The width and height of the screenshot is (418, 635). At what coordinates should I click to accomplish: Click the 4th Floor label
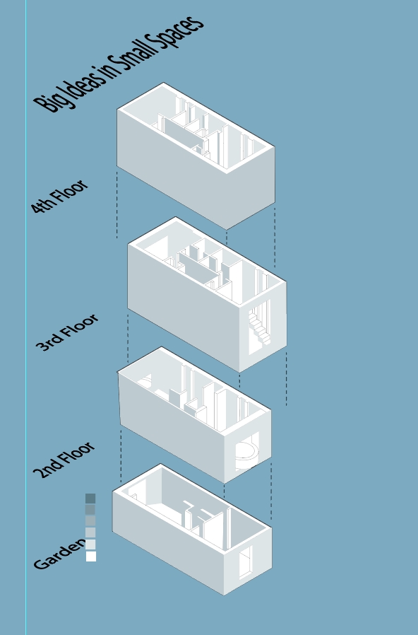(59, 197)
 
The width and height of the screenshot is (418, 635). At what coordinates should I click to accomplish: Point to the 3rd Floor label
(66, 332)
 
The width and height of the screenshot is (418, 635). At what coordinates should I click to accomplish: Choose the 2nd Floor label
(64, 460)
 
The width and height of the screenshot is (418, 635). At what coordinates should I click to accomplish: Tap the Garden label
(59, 556)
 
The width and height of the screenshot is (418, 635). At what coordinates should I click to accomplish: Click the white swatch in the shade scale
(91, 557)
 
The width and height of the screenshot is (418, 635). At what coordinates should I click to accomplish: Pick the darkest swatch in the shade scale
(90, 499)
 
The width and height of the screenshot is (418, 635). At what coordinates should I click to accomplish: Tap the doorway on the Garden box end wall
(246, 562)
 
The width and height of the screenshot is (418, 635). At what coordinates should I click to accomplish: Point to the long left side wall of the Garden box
(168, 542)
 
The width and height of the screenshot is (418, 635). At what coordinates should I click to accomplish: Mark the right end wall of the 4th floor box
(251, 187)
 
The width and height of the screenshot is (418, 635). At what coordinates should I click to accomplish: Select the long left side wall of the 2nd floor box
(172, 428)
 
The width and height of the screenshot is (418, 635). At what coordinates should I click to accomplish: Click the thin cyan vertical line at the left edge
(26, 317)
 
